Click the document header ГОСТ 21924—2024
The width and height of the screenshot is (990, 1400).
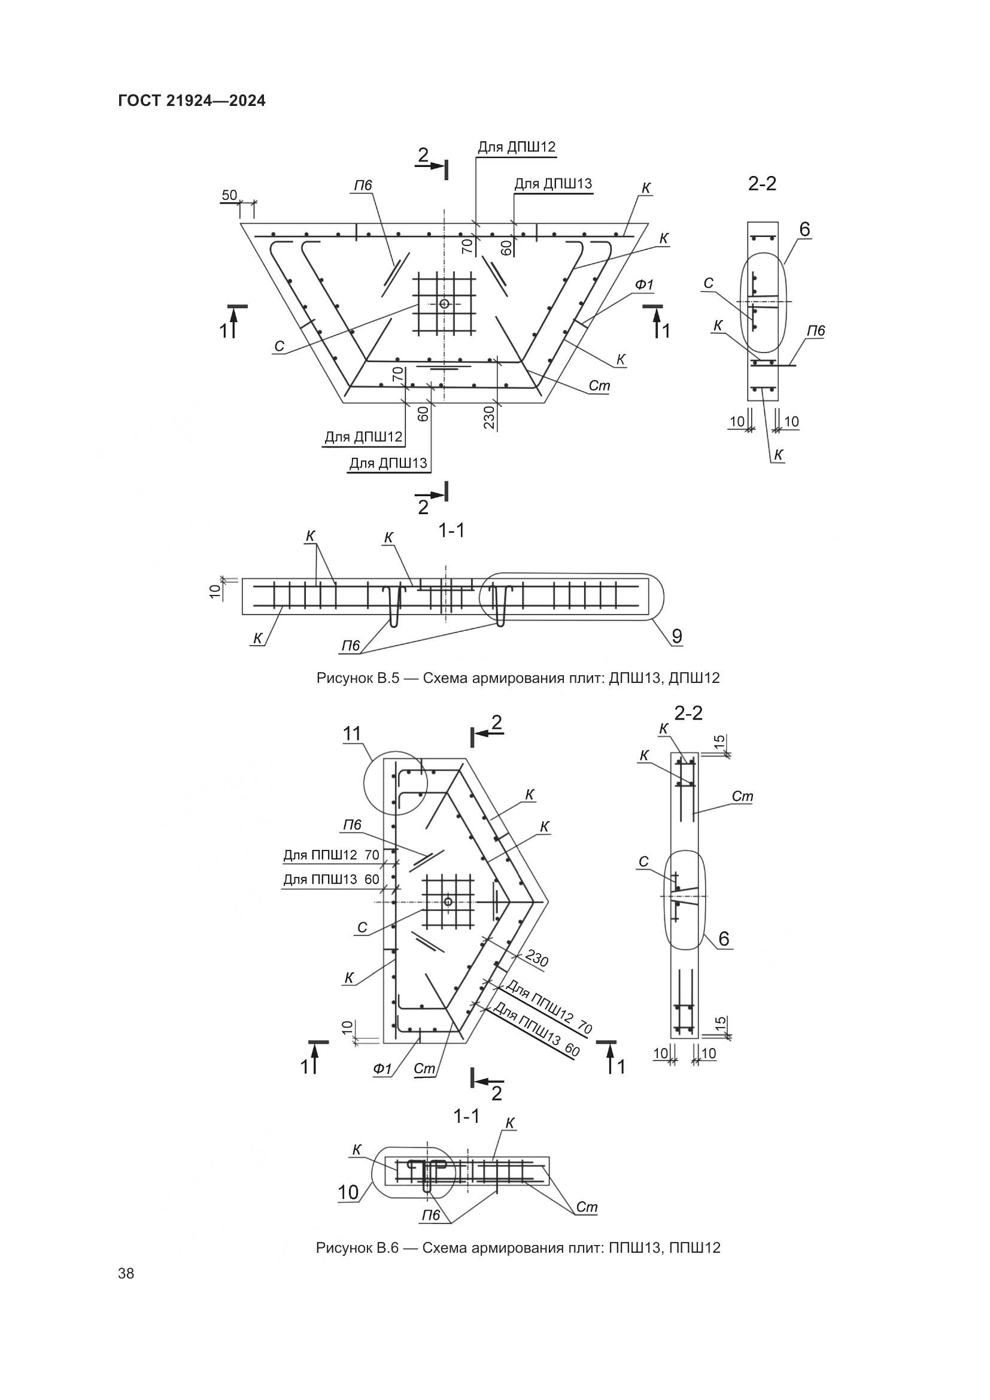192,101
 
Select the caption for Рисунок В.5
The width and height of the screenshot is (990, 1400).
518,678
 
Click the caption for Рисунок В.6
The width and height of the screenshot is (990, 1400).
518,1247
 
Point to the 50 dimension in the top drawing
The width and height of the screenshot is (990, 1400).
229,195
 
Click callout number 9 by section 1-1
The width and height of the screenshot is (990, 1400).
677,637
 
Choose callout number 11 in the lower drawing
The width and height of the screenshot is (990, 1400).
353,734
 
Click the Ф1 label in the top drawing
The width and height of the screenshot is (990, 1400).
645,285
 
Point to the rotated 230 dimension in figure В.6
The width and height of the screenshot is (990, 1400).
536,958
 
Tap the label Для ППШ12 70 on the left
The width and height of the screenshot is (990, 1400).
331,855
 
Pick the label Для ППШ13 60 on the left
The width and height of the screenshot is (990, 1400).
331,880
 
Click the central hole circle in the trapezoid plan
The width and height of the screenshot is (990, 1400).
444,303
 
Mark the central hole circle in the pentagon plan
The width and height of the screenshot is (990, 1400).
448,901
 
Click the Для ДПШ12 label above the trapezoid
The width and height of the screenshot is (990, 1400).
517,147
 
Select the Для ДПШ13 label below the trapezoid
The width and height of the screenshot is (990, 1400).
388,463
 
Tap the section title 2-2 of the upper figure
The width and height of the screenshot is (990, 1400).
762,184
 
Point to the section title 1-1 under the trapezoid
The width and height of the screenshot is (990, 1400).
451,531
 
